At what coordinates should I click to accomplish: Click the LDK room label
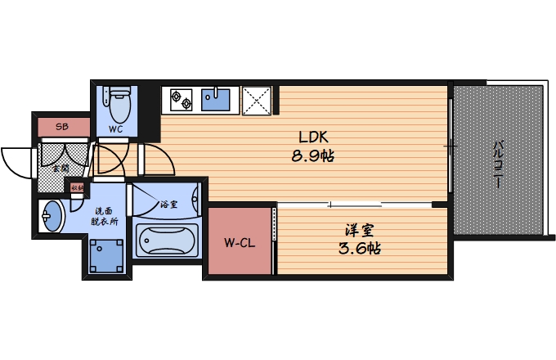point(313,136)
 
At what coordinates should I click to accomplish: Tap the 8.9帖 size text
point(313,154)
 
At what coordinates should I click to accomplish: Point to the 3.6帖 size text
point(358,248)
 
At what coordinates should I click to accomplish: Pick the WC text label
point(116,129)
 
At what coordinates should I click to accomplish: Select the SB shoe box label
point(61,127)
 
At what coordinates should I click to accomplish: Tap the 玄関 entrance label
point(61,168)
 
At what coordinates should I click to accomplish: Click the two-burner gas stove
point(181,101)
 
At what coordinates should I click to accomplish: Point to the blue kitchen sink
point(217,100)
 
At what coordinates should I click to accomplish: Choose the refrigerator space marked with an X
point(261,101)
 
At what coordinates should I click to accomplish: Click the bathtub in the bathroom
point(168,241)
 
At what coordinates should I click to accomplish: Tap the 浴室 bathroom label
point(169,203)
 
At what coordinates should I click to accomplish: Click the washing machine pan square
point(106,255)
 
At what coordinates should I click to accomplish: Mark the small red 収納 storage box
point(78,188)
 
